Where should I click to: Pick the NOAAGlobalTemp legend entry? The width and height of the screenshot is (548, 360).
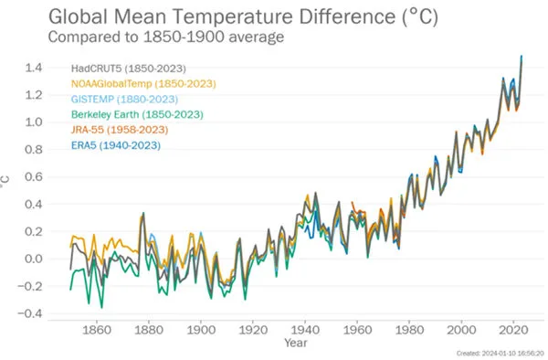click(142, 83)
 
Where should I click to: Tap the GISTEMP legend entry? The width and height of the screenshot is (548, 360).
click(124, 99)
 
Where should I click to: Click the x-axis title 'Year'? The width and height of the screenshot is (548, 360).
click(295, 344)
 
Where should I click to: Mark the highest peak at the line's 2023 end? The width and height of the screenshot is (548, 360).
click(522, 57)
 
